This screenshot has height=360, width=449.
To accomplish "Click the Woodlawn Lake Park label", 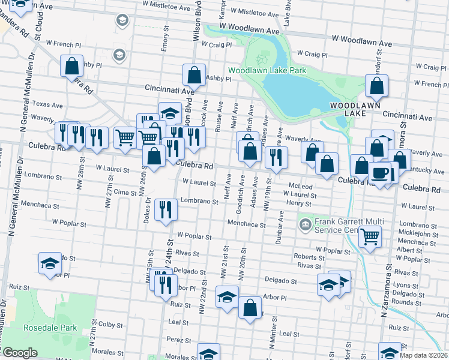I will click(267, 70).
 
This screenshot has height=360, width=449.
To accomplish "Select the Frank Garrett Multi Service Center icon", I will click(306, 225).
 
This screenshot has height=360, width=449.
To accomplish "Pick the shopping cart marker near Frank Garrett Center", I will click(370, 236).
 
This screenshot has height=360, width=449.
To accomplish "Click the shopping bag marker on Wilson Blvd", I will click(194, 75).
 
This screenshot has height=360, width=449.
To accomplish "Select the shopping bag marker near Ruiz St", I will click(250, 307).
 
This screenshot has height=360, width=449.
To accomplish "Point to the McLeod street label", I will click(301, 186).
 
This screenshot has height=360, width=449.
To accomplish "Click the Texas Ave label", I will click(47, 104).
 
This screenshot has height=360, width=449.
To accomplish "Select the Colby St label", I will click(110, 324).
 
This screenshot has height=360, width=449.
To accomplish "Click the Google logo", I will click(19, 353).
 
